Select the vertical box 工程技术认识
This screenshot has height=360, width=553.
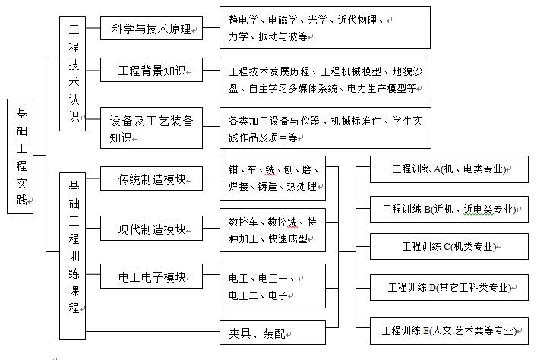pos(74,74)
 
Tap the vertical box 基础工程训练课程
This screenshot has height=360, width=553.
pos(74,255)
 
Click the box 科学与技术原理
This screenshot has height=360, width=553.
pos(150,30)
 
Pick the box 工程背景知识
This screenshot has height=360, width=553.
pos(150,71)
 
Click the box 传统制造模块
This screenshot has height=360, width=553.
pos(150,180)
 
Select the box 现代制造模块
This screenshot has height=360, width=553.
pos(150,229)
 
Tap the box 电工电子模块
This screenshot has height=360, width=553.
pos(150,277)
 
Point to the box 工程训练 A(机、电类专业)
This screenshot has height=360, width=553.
pos(448,169)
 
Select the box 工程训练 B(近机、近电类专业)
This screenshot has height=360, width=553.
pos(448,209)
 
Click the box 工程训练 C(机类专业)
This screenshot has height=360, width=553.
pos(448,247)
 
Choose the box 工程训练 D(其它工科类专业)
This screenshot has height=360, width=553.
pos(448,288)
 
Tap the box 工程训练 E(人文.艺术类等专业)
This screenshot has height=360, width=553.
pos(448,330)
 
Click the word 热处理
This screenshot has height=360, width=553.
pos(302,186)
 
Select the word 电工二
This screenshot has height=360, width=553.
pos(243,295)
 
